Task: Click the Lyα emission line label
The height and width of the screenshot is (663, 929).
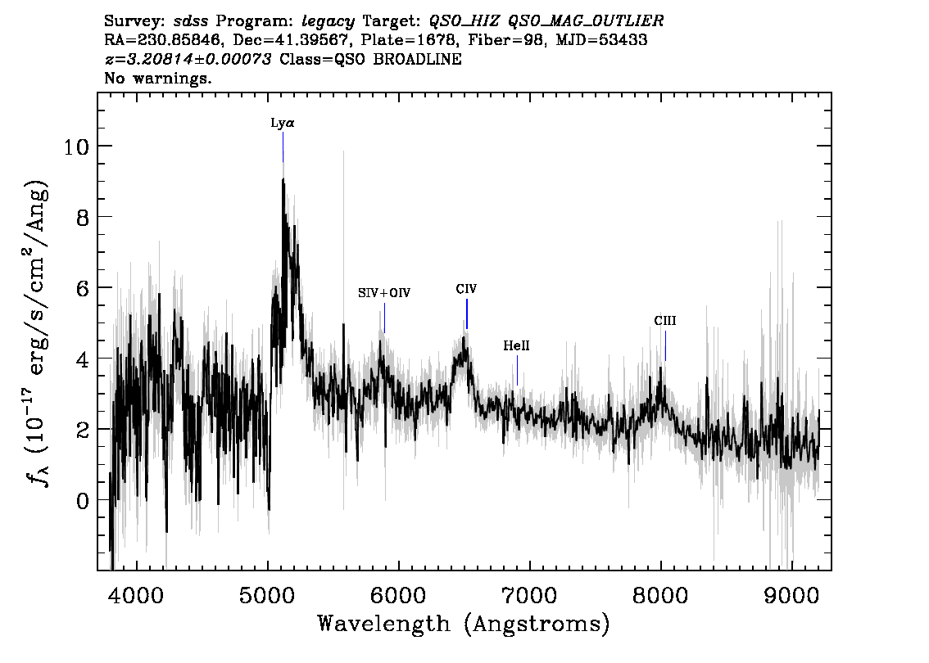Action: click(x=283, y=124)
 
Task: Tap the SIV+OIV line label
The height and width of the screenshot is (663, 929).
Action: click(x=384, y=293)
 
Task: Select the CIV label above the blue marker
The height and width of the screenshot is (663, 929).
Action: click(x=466, y=289)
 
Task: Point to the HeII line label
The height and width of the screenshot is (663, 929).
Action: click(x=516, y=346)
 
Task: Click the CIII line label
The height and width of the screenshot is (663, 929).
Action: click(x=665, y=321)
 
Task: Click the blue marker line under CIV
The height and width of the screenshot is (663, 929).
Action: click(x=467, y=313)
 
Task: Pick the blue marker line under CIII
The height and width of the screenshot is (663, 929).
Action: click(x=665, y=345)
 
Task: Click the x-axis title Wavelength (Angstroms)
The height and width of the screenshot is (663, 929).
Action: click(x=464, y=625)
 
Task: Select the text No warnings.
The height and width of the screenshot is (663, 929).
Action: click(x=159, y=79)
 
